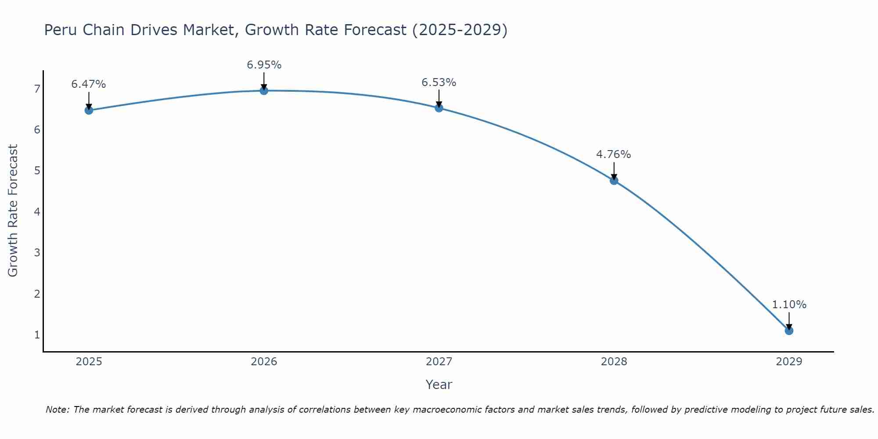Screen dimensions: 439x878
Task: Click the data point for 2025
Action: (89, 110)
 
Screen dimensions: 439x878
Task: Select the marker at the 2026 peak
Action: (264, 91)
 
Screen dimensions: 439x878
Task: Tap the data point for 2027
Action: (439, 108)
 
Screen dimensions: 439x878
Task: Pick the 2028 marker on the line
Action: (614, 180)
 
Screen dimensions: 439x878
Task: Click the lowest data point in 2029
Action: (789, 331)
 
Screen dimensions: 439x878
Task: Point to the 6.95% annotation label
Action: (264, 65)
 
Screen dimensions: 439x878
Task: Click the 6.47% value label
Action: (89, 84)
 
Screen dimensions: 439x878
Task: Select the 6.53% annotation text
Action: (439, 83)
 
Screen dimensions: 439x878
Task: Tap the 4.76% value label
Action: (613, 155)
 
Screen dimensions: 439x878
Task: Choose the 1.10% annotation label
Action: (789, 305)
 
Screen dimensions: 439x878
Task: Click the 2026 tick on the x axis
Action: (264, 362)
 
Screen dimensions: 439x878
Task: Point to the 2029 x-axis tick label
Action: (789, 362)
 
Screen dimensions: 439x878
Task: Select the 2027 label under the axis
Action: (439, 362)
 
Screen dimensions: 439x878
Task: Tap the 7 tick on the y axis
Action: (37, 89)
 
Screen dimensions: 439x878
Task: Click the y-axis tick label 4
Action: (37, 212)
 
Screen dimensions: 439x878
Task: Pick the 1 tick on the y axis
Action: (37, 335)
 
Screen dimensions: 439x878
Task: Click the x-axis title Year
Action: (439, 385)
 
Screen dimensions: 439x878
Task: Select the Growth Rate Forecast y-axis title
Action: (13, 211)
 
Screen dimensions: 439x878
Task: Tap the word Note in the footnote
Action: (57, 410)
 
